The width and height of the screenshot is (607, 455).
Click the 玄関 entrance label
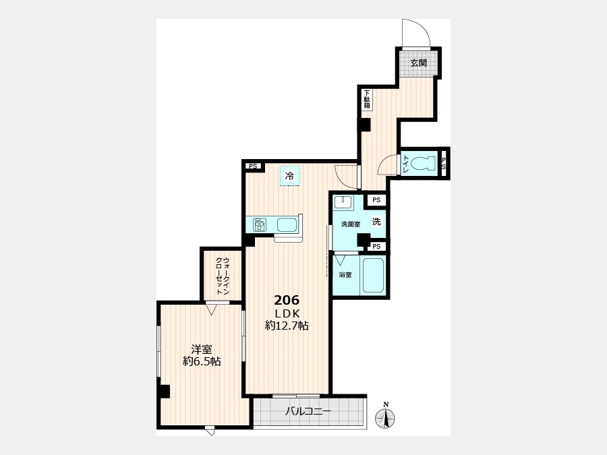pyautogui.click(x=418, y=63)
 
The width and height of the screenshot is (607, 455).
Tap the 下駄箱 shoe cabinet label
pyautogui.click(x=367, y=100)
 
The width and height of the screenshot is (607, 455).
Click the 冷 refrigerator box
pyautogui.click(x=289, y=176)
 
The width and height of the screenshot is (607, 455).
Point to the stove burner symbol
pyautogui.click(x=260, y=224)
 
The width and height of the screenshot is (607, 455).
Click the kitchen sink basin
pyautogui.click(x=287, y=224)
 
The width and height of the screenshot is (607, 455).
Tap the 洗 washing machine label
pyautogui.click(x=376, y=222)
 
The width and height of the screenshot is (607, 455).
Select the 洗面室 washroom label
pyautogui.click(x=350, y=224)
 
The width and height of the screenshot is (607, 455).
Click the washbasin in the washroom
pyautogui.click(x=343, y=202)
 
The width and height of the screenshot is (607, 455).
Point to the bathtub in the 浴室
pyautogui.click(x=373, y=275)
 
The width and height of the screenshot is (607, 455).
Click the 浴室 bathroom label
pyautogui.click(x=345, y=275)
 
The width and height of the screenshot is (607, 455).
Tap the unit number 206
pyautogui.click(x=287, y=300)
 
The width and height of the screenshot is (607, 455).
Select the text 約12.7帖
pyautogui.click(x=287, y=326)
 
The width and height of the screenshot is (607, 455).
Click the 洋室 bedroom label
pyautogui.click(x=202, y=350)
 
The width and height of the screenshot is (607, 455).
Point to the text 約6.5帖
pyautogui.click(x=202, y=362)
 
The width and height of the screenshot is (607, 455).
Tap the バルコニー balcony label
pyautogui.click(x=308, y=411)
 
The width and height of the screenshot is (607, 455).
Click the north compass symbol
pyautogui.click(x=385, y=417)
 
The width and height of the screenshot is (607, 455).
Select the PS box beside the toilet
pyautogui.click(x=444, y=163)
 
